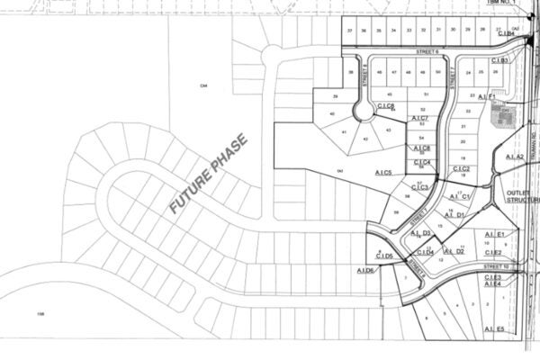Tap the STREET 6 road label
click(426, 52)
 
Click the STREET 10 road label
click(495, 267)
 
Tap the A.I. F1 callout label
click(487, 96)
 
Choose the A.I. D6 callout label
click(365, 271)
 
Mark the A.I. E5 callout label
click(494, 329)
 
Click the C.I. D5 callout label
click(383, 256)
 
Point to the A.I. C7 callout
click(418, 119)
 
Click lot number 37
click(350, 30)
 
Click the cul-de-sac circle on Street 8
click(365, 111)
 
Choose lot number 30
click(454, 30)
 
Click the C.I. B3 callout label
click(503, 61)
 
